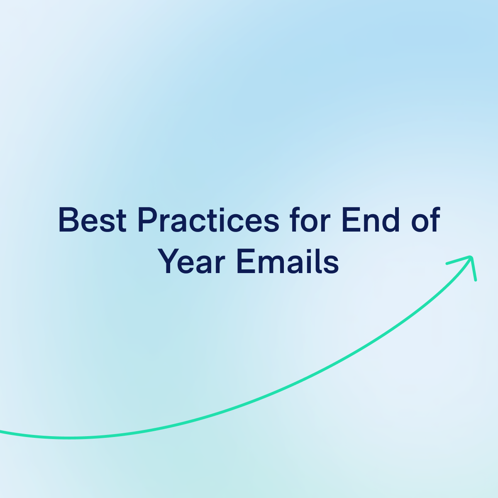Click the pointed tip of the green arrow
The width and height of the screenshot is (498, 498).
point(472,257)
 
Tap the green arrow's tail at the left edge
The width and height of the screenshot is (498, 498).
point(2,432)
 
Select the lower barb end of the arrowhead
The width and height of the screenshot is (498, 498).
point(476,280)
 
